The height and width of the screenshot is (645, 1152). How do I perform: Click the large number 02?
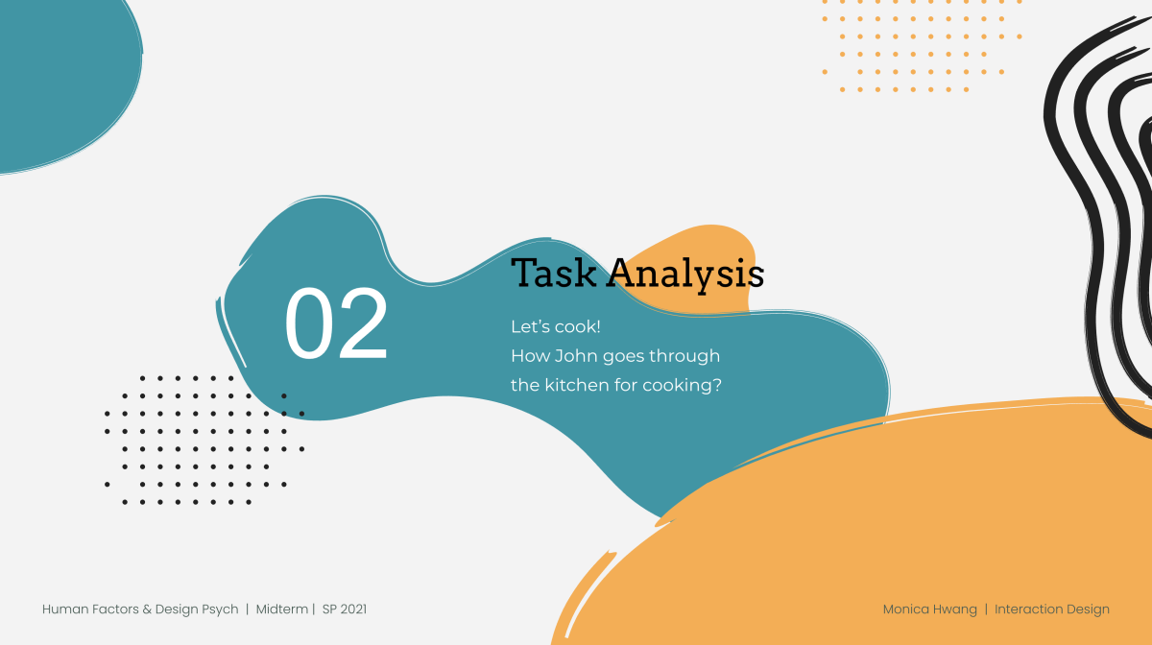336,323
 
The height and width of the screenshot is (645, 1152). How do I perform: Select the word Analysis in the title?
685,275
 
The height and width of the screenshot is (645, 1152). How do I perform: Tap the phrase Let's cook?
556,326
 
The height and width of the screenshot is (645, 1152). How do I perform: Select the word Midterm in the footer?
282,609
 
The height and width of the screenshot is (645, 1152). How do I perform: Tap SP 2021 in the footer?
345,609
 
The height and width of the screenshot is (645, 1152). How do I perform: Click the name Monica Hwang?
930,609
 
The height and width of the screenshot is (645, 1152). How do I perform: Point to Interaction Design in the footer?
1052,609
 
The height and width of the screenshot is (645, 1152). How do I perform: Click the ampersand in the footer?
147,609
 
